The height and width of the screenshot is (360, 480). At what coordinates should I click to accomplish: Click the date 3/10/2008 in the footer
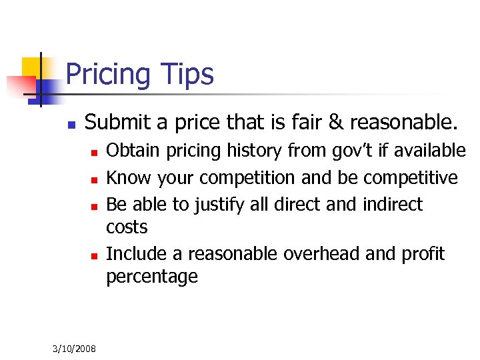[74, 349]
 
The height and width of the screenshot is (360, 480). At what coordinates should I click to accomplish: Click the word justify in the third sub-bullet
[220, 204]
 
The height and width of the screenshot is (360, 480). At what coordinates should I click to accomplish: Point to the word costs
[127, 227]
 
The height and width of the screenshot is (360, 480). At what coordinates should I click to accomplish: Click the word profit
[423, 254]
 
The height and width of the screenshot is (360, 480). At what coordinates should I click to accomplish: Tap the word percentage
[152, 277]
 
